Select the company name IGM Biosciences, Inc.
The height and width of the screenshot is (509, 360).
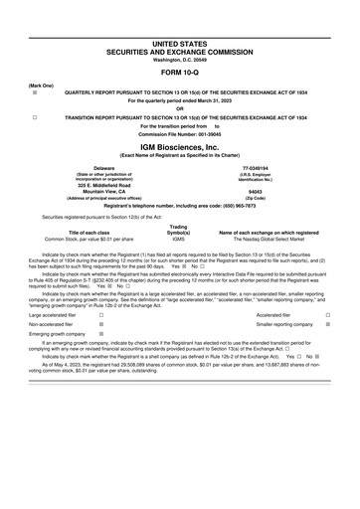click(x=180, y=144)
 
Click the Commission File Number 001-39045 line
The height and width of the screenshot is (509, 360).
click(x=180, y=133)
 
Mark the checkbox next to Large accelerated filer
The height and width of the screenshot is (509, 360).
click(x=101, y=313)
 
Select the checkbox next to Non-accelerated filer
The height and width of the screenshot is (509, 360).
click(x=101, y=324)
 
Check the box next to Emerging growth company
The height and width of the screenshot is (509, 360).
click(x=101, y=336)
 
